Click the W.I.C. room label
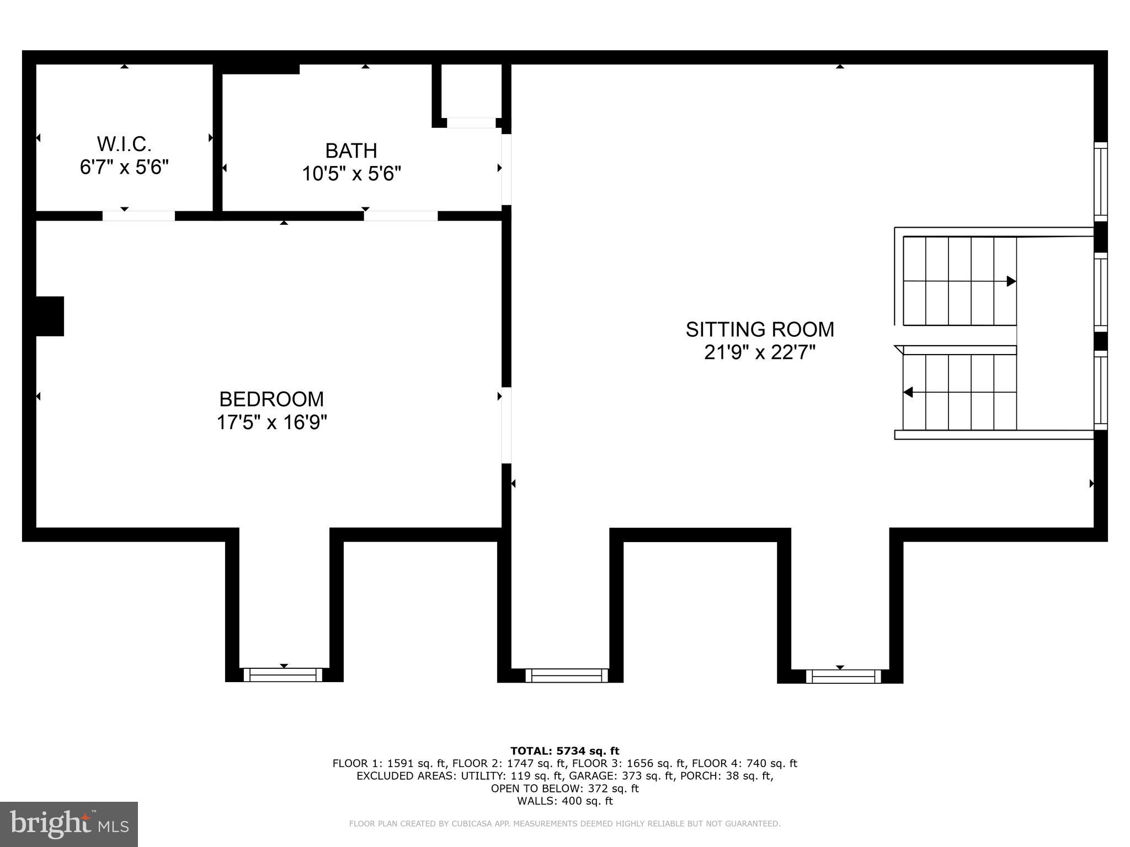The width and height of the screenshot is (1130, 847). pyautogui.click(x=124, y=144)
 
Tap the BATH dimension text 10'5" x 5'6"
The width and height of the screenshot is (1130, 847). pyautogui.click(x=351, y=174)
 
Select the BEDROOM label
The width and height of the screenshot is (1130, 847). pyautogui.click(x=271, y=399)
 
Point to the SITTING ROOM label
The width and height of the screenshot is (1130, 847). pyautogui.click(x=760, y=329)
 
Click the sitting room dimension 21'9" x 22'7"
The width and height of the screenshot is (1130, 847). pyautogui.click(x=760, y=352)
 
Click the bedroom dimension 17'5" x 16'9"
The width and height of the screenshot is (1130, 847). pyautogui.click(x=271, y=423)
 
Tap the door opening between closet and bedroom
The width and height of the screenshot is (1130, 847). pyautogui.click(x=138, y=216)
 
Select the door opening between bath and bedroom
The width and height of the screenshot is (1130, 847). pyautogui.click(x=401, y=216)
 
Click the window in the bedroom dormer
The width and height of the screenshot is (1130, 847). pyautogui.click(x=283, y=674)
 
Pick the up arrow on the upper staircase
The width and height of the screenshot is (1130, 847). pyautogui.click(x=1011, y=281)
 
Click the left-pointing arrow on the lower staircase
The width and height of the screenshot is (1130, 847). pyautogui.click(x=908, y=392)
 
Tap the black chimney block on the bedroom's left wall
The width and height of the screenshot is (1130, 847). pyautogui.click(x=50, y=316)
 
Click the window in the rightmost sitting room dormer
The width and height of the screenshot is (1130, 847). pyautogui.click(x=843, y=676)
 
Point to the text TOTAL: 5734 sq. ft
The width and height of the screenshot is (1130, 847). pyautogui.click(x=564, y=750)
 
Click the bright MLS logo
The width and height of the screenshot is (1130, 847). pyautogui.click(x=69, y=824)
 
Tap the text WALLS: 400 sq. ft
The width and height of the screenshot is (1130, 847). pyautogui.click(x=564, y=801)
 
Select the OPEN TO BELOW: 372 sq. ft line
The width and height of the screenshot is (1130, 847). pyautogui.click(x=564, y=789)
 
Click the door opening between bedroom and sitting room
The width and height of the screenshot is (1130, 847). pyautogui.click(x=506, y=425)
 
